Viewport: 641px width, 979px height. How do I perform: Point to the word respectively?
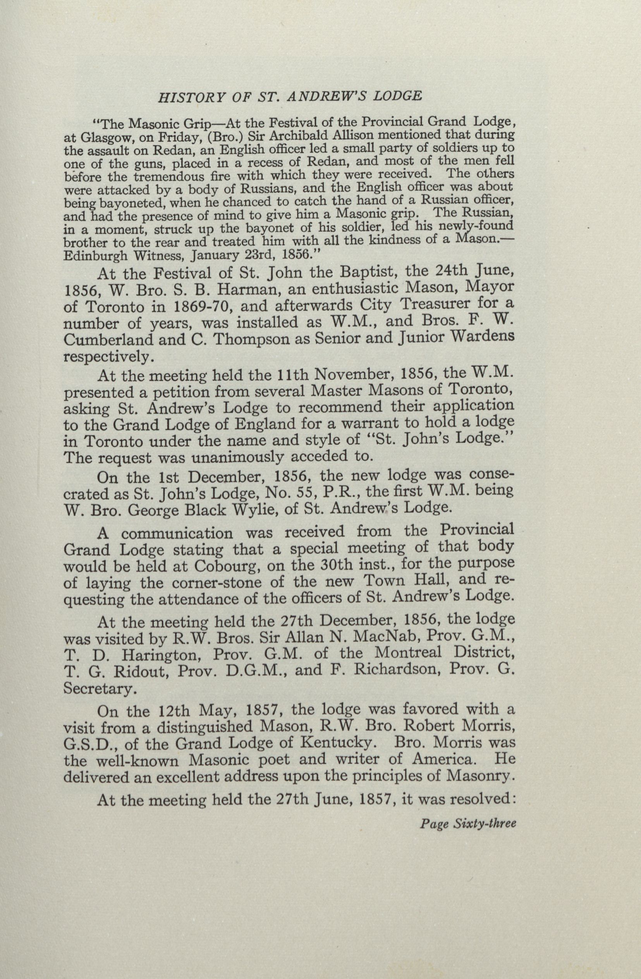tap(108, 356)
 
